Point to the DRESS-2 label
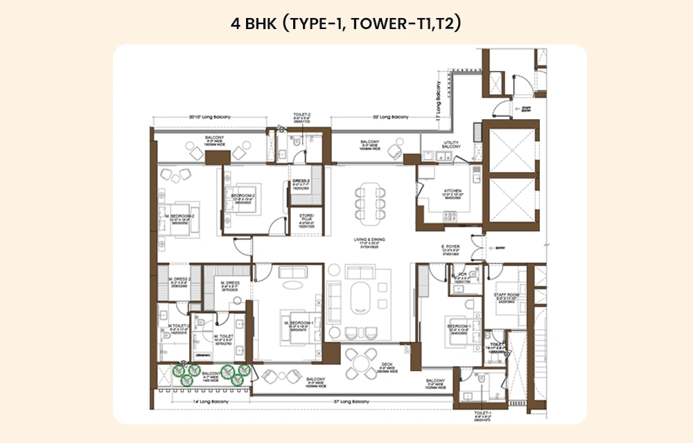pos(301,182)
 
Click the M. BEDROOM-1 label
pos(294,323)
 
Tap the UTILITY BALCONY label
pos(451,145)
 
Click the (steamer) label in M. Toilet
pos(203,355)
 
